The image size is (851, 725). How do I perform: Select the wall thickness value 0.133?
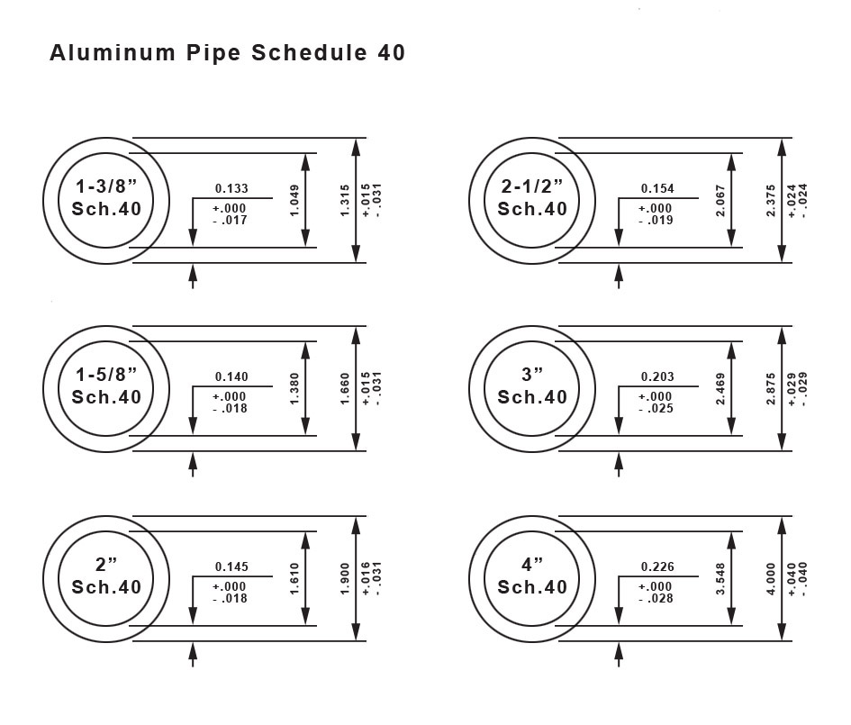[x=231, y=189]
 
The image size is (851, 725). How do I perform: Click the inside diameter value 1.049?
[x=295, y=199]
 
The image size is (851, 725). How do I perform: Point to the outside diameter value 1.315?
[x=345, y=200]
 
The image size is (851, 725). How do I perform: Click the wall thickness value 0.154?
[x=657, y=189]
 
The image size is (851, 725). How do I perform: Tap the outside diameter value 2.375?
[x=771, y=200]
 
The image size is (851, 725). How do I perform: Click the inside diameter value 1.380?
[x=295, y=388]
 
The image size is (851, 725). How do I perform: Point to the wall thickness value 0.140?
[x=231, y=377]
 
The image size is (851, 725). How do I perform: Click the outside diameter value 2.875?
[x=771, y=388]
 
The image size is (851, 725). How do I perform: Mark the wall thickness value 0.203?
[x=657, y=377]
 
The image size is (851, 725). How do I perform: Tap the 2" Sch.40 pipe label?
[x=106, y=575]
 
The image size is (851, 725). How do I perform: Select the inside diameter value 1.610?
[x=295, y=578]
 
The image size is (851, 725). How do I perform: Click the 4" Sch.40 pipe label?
[x=532, y=575]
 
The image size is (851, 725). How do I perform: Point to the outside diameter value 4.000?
[x=771, y=578]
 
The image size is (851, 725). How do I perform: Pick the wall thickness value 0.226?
[x=657, y=567]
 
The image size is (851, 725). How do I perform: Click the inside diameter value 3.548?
[x=721, y=578]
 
